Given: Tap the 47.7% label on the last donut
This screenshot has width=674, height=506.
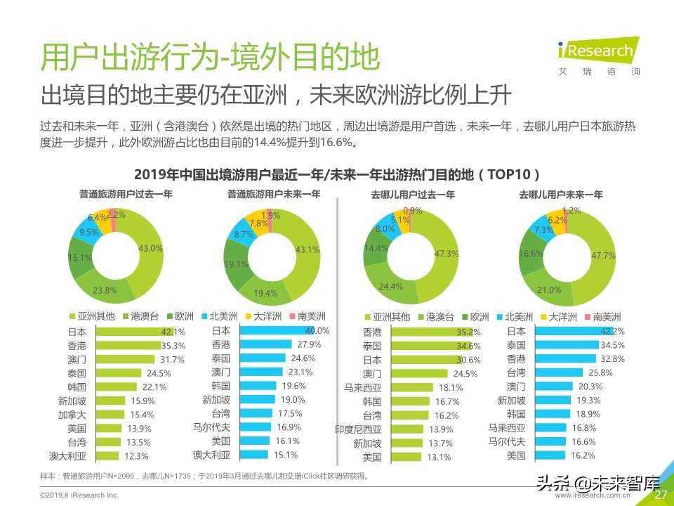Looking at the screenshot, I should [598, 256].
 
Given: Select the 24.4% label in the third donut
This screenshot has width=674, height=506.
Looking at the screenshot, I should [390, 287].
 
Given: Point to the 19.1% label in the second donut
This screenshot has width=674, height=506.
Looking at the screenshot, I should [235, 264].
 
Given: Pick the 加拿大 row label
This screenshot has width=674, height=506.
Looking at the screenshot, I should [72, 415].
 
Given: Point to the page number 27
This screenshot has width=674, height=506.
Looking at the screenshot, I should [660, 495].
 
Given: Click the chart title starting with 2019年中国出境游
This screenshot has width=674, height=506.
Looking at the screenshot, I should [337, 174].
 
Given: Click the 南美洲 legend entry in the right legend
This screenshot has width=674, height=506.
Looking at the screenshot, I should [602, 316].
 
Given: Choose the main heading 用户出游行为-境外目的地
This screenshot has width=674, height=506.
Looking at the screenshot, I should [210, 57].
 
